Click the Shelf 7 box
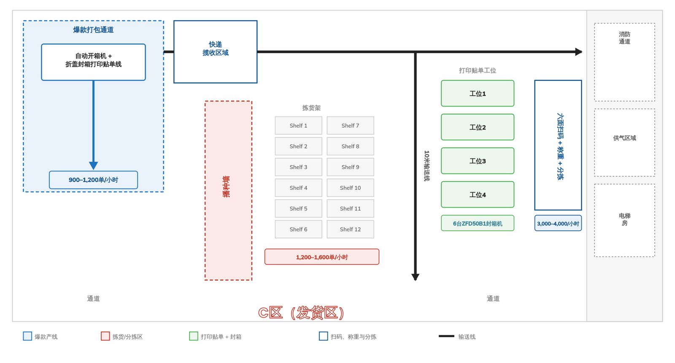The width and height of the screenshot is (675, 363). click(350, 126)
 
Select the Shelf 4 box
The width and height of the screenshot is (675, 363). click(298, 188)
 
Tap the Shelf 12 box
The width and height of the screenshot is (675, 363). click(350, 229)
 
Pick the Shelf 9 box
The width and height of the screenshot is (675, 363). click(350, 167)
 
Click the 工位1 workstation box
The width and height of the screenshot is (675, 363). click(478, 94)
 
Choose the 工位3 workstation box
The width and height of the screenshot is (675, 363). click(478, 161)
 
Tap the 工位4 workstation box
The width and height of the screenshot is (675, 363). click(478, 195)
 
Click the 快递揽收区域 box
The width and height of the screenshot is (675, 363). click(216, 52)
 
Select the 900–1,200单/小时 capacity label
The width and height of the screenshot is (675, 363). click(93, 180)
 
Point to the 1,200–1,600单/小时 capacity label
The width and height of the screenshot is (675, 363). click(322, 257)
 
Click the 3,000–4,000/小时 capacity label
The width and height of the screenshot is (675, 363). click(558, 223)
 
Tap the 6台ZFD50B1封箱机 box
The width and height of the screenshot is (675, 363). click(478, 223)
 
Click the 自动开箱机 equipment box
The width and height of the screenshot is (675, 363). click(93, 62)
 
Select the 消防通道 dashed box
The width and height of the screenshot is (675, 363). click(624, 62)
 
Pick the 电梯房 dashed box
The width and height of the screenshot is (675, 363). click(624, 220)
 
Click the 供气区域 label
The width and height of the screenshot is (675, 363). click(624, 138)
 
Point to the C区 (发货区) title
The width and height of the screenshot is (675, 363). click(301, 313)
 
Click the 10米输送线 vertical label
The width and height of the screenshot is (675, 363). click(427, 166)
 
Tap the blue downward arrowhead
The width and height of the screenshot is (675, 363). click(93, 166)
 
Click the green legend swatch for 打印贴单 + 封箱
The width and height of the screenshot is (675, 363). click(194, 336)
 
